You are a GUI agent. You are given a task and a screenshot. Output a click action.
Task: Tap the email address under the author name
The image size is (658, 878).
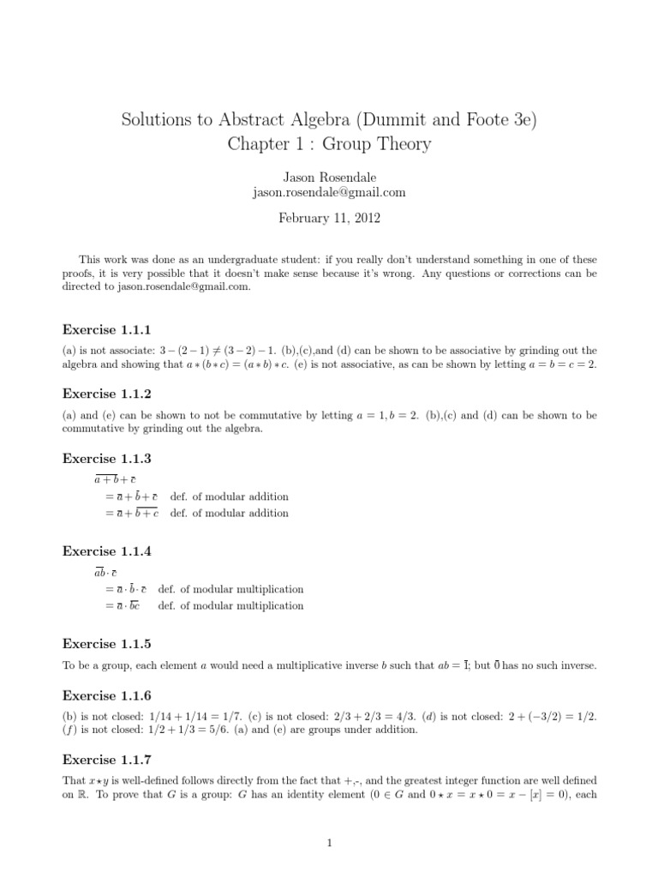coord(328,192)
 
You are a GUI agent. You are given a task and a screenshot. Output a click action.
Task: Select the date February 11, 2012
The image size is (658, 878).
coord(328,218)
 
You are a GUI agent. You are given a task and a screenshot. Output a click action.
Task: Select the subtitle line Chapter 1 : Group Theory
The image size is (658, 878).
coord(328,144)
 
